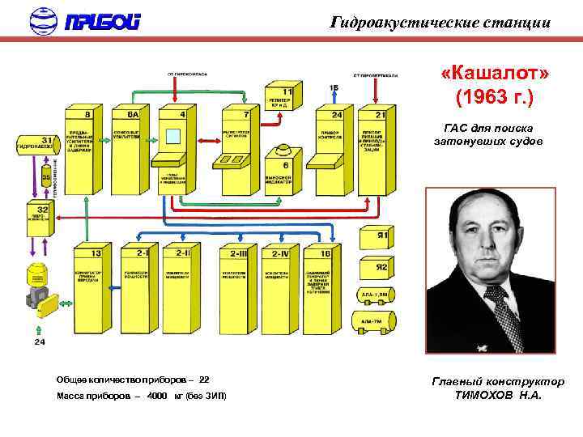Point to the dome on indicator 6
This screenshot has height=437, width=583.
pyautogui.click(x=286, y=149)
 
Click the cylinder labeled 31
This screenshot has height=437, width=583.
pyautogui.click(x=36, y=147)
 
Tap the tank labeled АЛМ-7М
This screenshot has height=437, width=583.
pyautogui.click(x=372, y=325)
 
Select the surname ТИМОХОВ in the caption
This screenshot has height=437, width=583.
pyautogui.click(x=483, y=396)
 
